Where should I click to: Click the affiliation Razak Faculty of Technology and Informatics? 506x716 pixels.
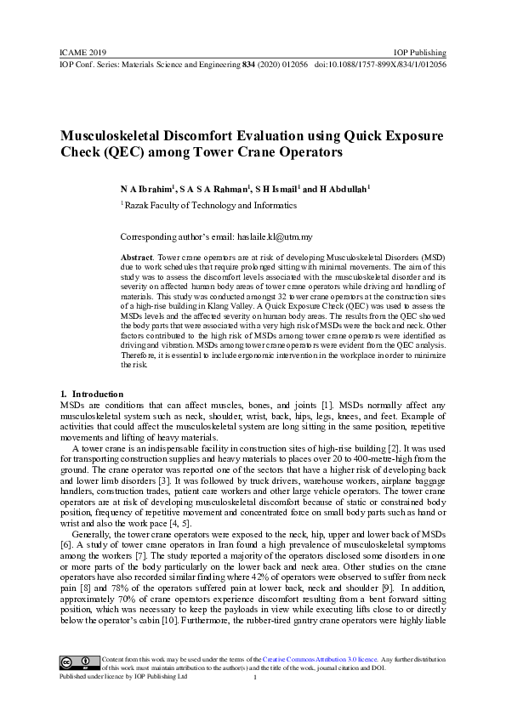coord(209,205)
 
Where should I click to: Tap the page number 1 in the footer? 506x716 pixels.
coord(254,678)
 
